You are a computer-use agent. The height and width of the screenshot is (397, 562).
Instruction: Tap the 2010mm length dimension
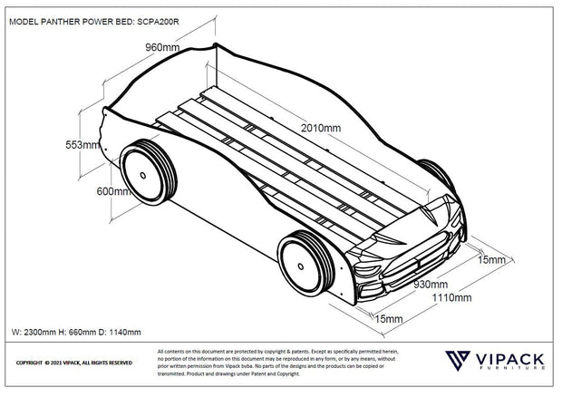coord(320,128)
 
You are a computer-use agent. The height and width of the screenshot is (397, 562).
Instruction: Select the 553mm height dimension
coord(82,145)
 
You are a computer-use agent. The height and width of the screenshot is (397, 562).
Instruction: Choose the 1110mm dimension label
coord(451,297)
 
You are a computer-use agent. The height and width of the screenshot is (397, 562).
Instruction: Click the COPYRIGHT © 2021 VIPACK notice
coord(74,363)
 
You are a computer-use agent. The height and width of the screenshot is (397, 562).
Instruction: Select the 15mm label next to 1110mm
coord(490,259)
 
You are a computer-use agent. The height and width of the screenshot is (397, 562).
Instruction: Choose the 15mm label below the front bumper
coord(389,319)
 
